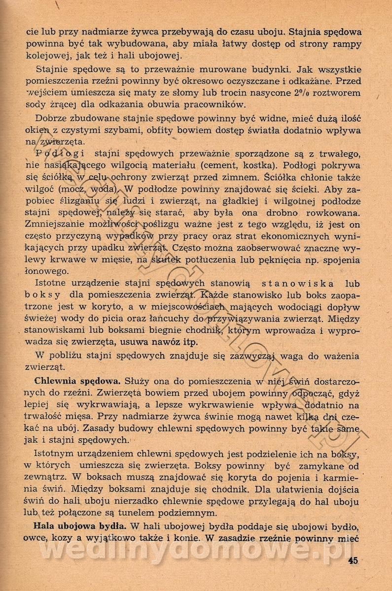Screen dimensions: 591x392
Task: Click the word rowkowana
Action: coord(333,213)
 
